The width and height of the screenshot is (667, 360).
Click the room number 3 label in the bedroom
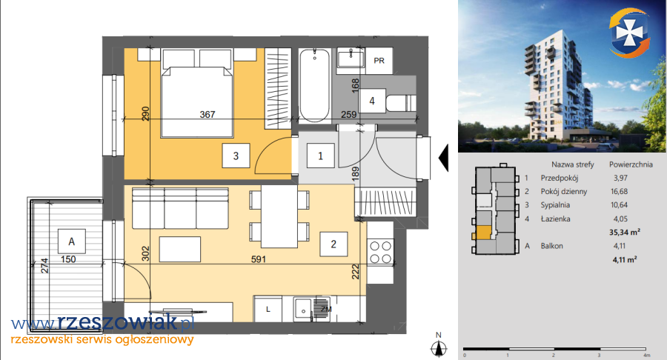236,156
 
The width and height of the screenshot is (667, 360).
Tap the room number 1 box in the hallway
320,156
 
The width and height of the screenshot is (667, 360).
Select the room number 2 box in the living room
333,244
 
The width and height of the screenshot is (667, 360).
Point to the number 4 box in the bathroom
372,101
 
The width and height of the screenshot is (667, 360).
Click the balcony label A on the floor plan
71,241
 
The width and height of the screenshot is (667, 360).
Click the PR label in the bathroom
379,61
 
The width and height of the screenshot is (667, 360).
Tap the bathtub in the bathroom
314,86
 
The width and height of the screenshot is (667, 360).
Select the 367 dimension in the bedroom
208,114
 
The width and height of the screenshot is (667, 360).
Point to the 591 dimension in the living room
259,259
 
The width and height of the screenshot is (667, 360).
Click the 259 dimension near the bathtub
349,114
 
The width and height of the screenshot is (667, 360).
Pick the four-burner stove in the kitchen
380,253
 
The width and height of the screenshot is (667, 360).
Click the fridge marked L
268,309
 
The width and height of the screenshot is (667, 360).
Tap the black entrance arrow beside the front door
443,158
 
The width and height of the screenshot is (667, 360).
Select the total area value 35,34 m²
625,232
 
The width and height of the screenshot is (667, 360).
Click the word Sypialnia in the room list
555,205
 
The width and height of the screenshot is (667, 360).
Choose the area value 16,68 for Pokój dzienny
619,191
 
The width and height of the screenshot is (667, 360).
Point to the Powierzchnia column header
631,164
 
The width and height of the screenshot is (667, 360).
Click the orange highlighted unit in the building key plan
482,233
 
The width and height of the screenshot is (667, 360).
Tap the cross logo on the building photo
629,32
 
